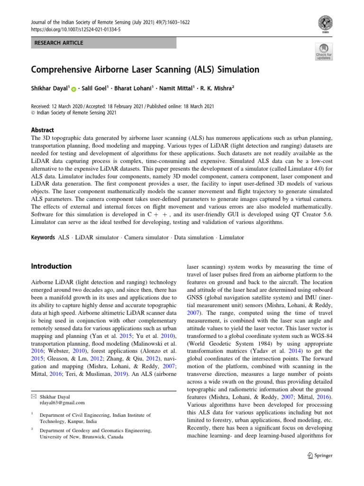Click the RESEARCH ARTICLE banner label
coord(59,43)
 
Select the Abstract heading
coord(43,130)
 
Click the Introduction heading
coord(52,266)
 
